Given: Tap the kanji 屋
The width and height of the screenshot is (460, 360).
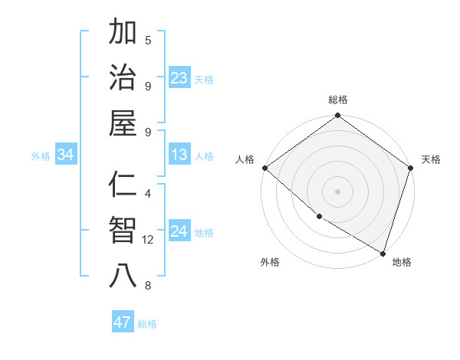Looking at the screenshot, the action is tap(123, 123).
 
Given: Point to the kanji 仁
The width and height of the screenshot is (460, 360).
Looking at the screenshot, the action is tap(123, 186).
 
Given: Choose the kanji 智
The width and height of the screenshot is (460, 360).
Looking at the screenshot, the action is tap(123, 231).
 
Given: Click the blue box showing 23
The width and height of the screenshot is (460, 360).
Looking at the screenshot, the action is tap(179, 77).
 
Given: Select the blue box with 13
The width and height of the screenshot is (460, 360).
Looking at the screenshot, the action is tap(179, 155).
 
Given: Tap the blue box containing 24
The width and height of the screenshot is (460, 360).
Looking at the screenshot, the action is tap(179, 231).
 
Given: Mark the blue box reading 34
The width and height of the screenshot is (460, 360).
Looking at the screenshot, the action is tap(66, 155).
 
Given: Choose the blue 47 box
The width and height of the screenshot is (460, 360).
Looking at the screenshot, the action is tap(123, 322).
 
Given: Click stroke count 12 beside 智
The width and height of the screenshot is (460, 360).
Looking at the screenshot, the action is tap(148, 240).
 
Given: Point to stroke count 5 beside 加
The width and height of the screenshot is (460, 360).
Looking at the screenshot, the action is tap(148, 40).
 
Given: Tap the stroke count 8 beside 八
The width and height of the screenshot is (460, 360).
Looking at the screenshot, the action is tap(148, 286).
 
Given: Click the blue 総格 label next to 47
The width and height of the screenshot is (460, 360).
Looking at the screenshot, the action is tap(147, 324).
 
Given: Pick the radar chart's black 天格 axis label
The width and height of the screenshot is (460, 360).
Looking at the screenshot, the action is tap(431, 159).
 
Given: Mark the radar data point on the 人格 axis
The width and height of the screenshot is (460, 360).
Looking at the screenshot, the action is tap(264, 168).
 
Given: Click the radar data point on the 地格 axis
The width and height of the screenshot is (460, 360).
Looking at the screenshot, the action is tap(383, 253).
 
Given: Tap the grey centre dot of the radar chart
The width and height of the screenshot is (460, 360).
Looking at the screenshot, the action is tap(337, 191).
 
